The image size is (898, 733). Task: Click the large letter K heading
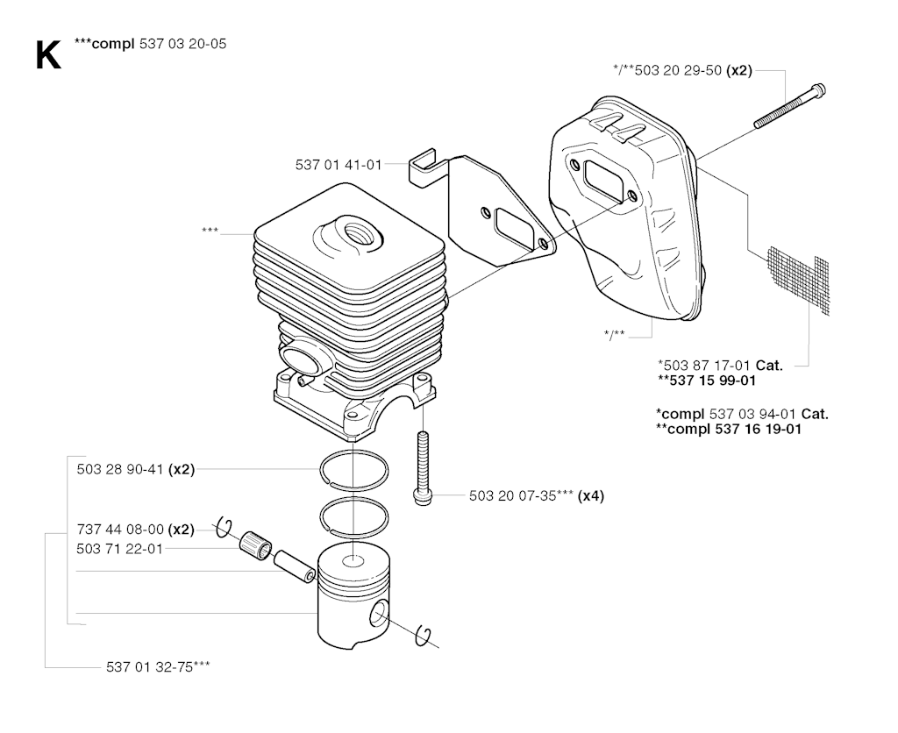coord(48,56)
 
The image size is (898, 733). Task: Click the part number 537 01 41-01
coord(339,165)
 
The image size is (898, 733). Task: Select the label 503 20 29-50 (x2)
coord(682,70)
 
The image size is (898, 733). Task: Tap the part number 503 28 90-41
coord(121,470)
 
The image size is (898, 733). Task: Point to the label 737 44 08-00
coord(120,529)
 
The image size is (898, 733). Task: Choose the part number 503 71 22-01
coord(119,549)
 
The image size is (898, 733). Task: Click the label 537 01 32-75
coord(158,666)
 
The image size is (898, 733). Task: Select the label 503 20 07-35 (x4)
coord(537,496)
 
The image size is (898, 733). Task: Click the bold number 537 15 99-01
coord(707,381)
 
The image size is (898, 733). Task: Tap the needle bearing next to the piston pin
coord(255,544)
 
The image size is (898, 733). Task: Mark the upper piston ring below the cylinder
coord(354,471)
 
